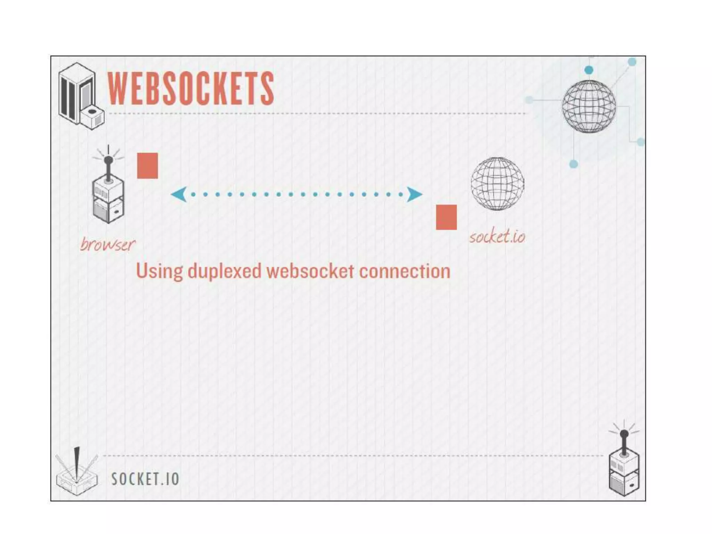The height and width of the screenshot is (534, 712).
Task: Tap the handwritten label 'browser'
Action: pyautogui.click(x=107, y=244)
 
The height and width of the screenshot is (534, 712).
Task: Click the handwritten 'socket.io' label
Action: pyautogui.click(x=497, y=237)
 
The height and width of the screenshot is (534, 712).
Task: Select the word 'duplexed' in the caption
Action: pyautogui.click(x=224, y=271)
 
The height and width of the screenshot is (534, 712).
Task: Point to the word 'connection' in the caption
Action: pyautogui.click(x=405, y=271)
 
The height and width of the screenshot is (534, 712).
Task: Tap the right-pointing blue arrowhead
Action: pyautogui.click(x=414, y=194)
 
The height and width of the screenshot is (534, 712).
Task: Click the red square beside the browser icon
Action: pyautogui.click(x=147, y=166)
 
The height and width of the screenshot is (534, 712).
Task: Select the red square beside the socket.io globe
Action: pyautogui.click(x=446, y=217)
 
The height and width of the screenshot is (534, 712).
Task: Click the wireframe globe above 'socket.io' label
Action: pyautogui.click(x=497, y=184)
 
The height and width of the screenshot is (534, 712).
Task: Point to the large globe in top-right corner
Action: pyautogui.click(x=589, y=106)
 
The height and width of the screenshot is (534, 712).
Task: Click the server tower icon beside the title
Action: pyautogui.click(x=81, y=96)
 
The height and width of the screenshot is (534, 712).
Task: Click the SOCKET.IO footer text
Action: pyautogui.click(x=145, y=479)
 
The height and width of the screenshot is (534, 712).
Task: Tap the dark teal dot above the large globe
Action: pyautogui.click(x=589, y=70)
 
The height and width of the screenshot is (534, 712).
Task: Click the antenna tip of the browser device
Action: pyautogui.click(x=108, y=160)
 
